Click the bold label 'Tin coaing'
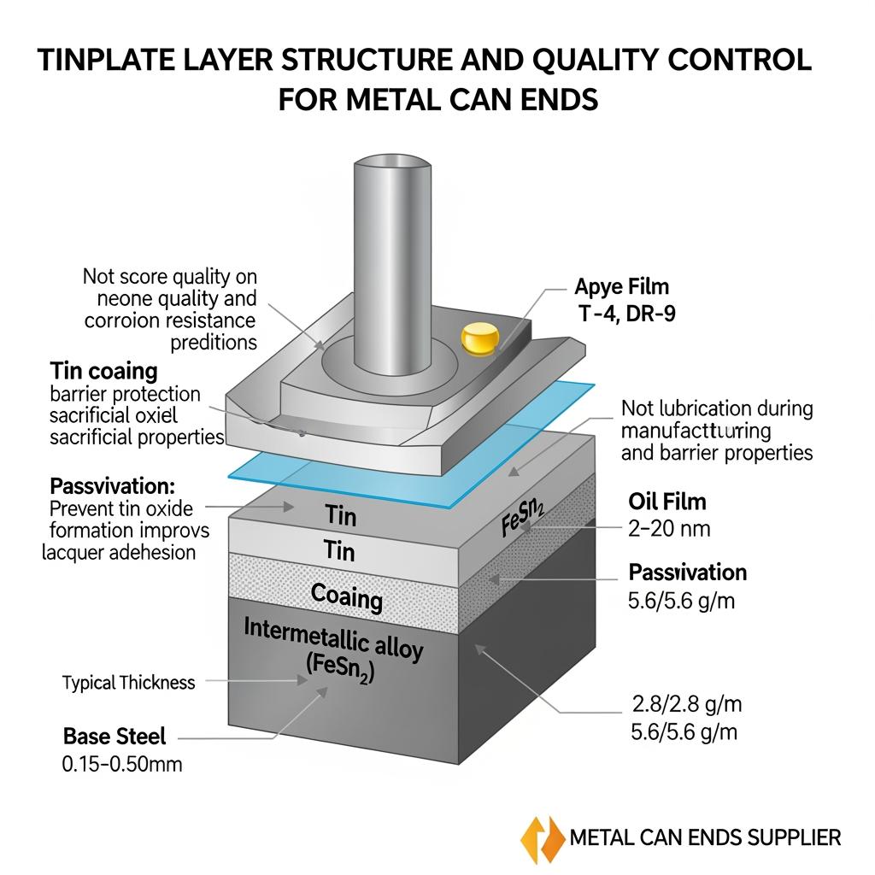103,371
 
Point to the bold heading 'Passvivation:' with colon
112,486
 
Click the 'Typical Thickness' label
129,683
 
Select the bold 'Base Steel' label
115,736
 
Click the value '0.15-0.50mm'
122,764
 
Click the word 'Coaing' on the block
346,596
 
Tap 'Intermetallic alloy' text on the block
333,637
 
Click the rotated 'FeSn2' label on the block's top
523,514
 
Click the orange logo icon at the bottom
542,837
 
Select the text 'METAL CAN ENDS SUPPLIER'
705,837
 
